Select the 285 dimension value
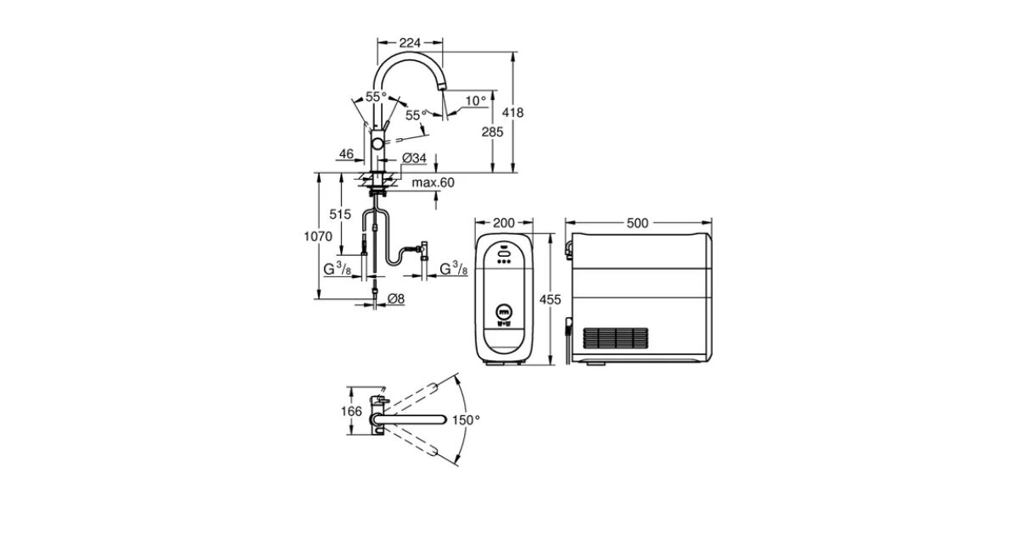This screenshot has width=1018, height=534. (493, 131)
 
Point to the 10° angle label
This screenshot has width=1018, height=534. (476, 100)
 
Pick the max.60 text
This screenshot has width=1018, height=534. (433, 183)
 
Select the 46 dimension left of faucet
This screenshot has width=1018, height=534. (345, 154)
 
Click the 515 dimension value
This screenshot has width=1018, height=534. (339, 214)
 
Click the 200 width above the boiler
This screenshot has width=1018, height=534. (504, 223)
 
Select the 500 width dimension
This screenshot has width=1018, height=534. (637, 223)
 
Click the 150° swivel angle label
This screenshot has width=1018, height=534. (466, 420)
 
